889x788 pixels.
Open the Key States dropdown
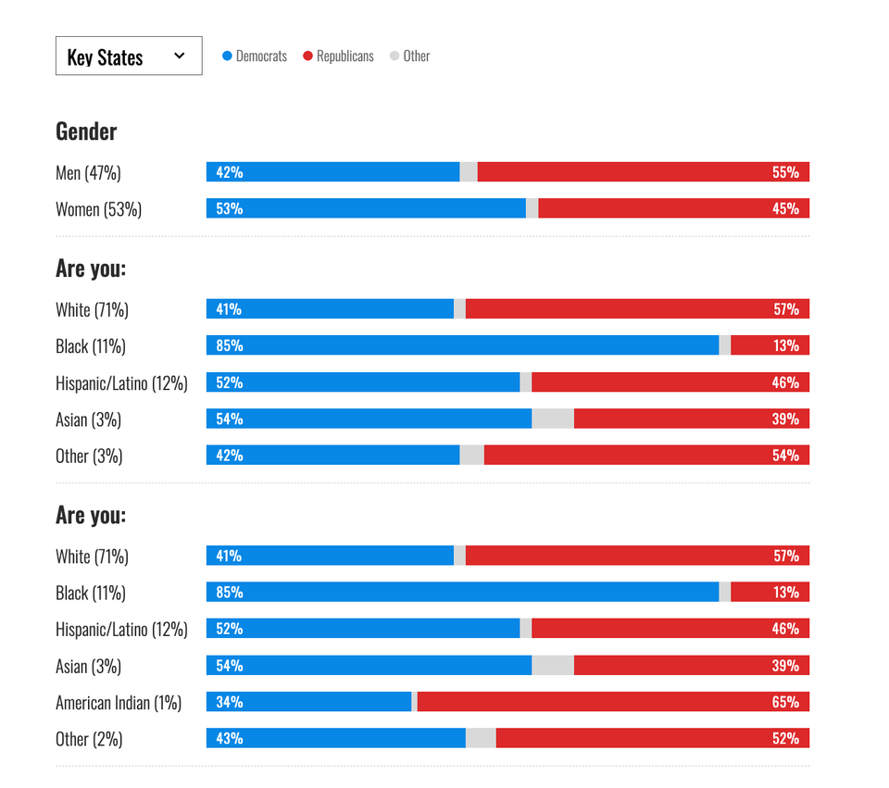129,56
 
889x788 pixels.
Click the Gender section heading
86,131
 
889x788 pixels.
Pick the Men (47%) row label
88,173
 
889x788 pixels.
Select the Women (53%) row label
98,209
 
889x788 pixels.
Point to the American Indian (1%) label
119,703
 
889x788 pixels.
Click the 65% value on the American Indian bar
785,702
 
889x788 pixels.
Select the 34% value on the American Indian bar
229,702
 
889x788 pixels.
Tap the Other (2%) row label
89,739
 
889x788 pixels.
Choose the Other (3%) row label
89,456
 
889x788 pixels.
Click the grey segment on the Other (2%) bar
481,738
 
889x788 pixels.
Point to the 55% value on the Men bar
785,172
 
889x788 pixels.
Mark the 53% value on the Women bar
229,208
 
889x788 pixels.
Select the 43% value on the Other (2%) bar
229,738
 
